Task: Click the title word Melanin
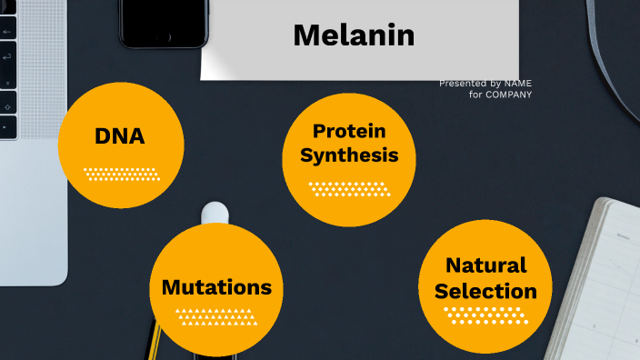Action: [354, 35]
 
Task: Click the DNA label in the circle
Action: [119, 136]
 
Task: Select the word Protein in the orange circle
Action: [349, 132]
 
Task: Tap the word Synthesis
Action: [349, 155]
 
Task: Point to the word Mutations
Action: [216, 287]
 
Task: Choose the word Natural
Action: [485, 265]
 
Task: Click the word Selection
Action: [485, 292]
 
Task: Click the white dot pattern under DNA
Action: [121, 174]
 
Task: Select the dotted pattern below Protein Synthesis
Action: [349, 188]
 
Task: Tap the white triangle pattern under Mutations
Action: [216, 317]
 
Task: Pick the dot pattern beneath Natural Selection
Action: [485, 315]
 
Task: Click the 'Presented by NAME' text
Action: [485, 84]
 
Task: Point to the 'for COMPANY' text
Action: [501, 95]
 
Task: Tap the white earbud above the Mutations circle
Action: [215, 212]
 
